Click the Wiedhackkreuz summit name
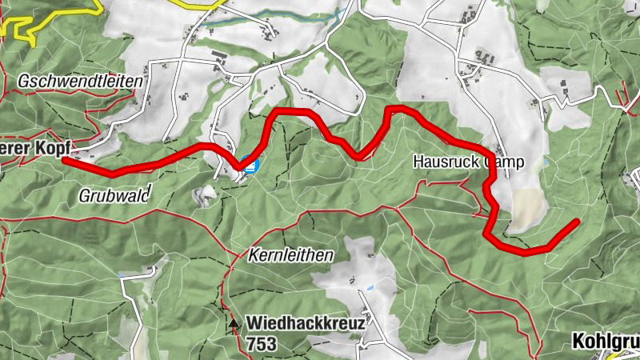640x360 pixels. coord(306,323)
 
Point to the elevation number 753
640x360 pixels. coord(262,344)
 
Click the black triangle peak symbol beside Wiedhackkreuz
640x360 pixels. coord(234,324)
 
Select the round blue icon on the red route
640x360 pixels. coord(250,166)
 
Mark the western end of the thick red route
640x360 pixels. coord(64,160)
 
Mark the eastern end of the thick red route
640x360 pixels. coord(576,221)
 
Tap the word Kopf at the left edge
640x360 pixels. coord(54,148)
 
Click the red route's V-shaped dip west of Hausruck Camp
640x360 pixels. coord(365,155)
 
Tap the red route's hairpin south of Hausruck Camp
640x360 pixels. coord(488,232)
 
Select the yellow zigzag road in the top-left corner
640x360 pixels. coord(24,24)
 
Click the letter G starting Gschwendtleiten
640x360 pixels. coord(22,82)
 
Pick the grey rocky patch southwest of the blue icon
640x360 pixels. coord(206,194)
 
